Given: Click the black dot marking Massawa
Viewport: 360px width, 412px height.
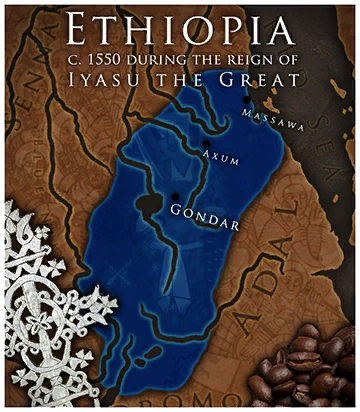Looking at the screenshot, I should point(246,100).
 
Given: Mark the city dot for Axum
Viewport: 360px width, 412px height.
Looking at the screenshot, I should point(207,143).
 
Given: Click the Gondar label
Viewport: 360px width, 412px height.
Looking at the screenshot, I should point(204,212).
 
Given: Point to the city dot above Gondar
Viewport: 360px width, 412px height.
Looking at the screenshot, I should point(176,196).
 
